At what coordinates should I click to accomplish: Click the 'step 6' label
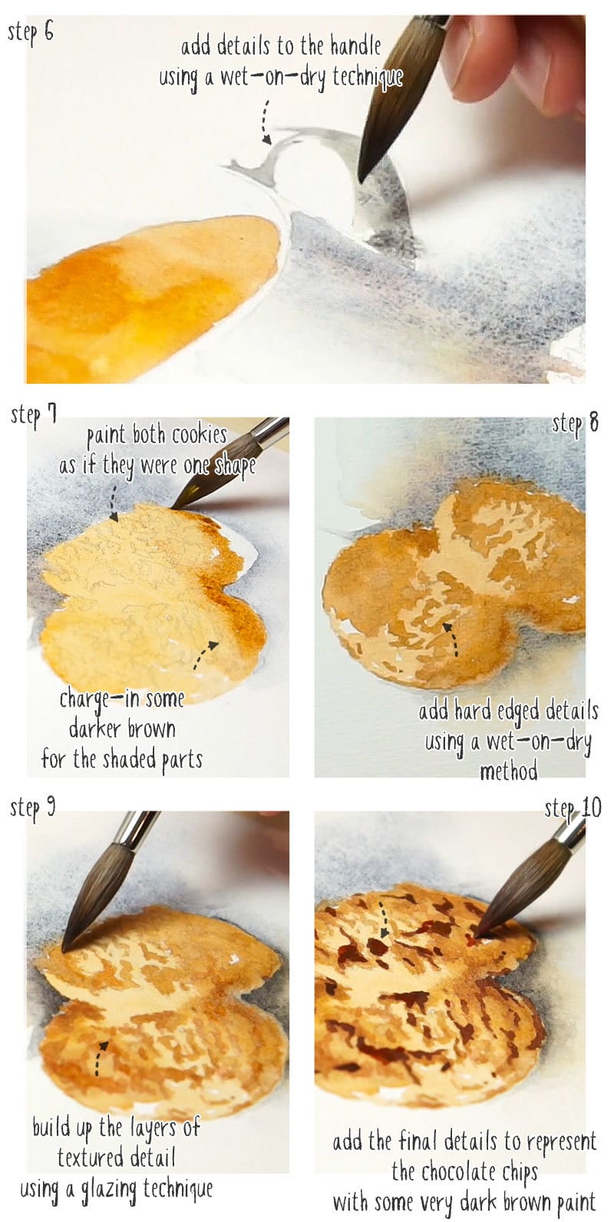point(31,33)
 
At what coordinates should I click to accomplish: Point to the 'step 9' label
point(32,808)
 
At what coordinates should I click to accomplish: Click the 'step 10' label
point(573,808)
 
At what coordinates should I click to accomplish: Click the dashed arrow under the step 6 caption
point(266,123)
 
